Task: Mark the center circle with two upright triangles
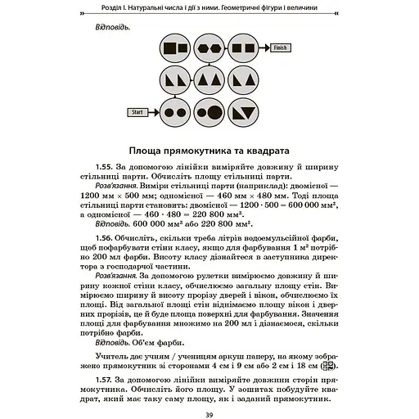coord(210,79)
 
